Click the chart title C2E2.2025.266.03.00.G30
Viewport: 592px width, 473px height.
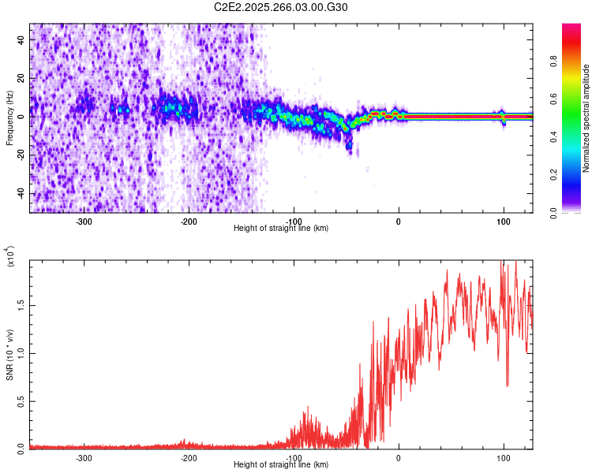click(x=282, y=7)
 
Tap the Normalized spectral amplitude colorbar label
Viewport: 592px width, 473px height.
click(x=586, y=118)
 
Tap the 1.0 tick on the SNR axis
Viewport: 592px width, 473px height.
click(x=19, y=352)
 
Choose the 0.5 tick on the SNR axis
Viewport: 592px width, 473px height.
click(x=19, y=400)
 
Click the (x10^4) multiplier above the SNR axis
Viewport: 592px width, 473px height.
click(x=10, y=257)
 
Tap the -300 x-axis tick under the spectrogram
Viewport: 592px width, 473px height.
click(x=84, y=222)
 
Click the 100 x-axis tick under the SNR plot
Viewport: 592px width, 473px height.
click(x=503, y=457)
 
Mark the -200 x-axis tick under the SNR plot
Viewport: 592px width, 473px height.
click(x=189, y=457)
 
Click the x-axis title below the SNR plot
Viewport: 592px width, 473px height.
click(x=281, y=465)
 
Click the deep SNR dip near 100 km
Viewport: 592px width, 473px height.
click(x=507, y=385)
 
